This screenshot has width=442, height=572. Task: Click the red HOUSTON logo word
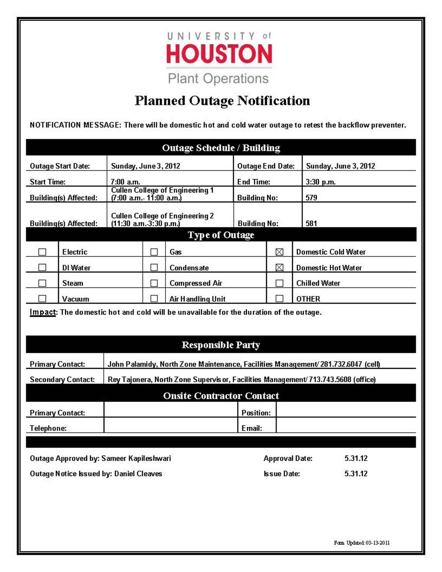pos(219,54)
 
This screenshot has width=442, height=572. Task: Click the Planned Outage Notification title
pos(222,101)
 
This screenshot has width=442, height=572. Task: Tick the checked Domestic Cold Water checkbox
pos(279,252)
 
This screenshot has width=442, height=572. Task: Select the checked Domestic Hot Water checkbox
pos(279,268)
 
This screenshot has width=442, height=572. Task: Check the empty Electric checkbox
pos(42,252)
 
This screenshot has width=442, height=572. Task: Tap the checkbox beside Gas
pos(154,252)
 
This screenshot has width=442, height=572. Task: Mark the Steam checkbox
pos(42,283)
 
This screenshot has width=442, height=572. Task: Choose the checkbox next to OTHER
pos(279,299)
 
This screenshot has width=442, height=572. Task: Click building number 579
pos(311,198)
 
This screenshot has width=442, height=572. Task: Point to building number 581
pos(311,223)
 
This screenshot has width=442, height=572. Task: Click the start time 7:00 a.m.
pos(125,182)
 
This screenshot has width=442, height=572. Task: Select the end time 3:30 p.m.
pos(320,182)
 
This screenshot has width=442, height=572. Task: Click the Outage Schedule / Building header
pos(221,148)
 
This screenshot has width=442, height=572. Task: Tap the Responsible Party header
pos(221,345)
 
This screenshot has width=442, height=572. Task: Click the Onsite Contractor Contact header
pos(221,396)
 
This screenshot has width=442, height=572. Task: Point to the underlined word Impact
pos(42,312)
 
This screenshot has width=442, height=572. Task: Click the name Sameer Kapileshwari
pos(136,458)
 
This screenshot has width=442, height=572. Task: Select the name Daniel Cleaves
pos(138,474)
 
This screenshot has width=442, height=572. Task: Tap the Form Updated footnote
pos(361,543)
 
